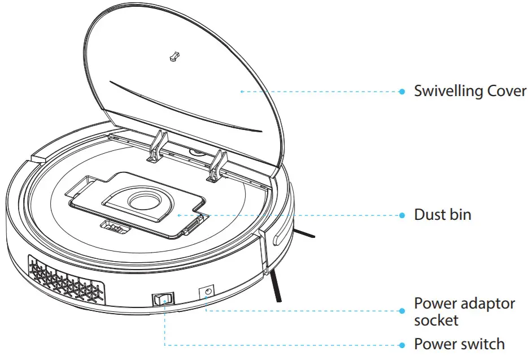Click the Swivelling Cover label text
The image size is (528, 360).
(470, 91)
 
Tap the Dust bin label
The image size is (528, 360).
(442, 215)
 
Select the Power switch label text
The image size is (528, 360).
(459, 344)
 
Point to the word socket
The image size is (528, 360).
(436, 320)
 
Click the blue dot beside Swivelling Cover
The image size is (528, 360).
(402, 91)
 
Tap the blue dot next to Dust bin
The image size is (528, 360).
(402, 215)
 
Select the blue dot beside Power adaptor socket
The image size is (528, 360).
(402, 310)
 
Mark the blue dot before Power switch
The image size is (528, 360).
(402, 344)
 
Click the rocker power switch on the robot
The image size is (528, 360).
(163, 301)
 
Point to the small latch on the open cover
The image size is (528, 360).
(174, 57)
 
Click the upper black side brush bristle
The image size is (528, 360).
(303, 232)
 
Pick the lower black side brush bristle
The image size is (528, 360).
(276, 285)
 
